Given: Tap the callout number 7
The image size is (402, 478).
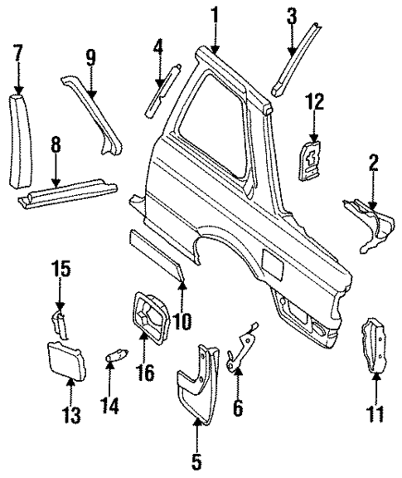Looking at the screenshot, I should [18, 55].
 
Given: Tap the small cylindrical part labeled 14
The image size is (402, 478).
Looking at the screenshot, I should [115, 358].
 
